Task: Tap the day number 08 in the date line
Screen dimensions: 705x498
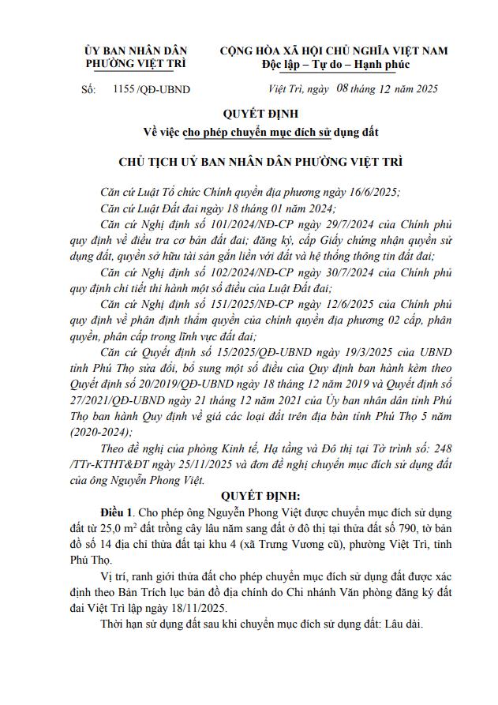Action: tap(341, 89)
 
